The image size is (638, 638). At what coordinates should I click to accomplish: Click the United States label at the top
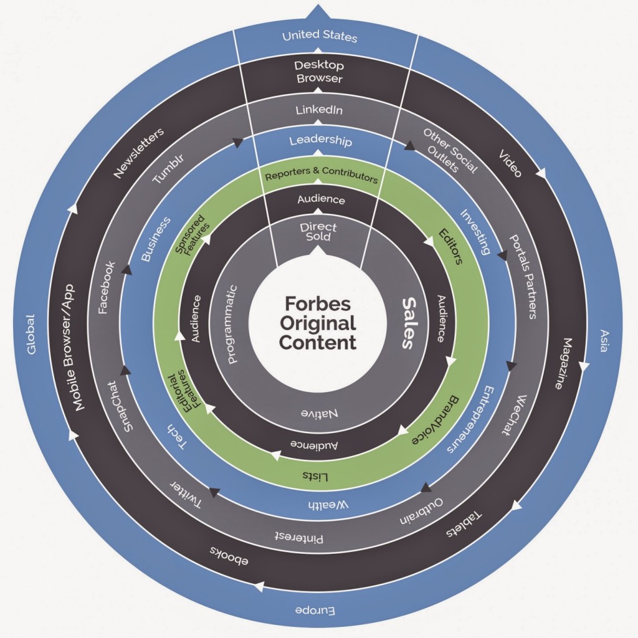click(320, 36)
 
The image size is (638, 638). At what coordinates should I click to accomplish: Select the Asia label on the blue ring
click(602, 340)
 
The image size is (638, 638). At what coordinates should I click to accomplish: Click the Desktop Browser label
click(320, 72)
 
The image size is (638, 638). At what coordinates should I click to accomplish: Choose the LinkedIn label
click(320, 111)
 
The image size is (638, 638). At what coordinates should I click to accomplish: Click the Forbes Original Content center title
click(318, 323)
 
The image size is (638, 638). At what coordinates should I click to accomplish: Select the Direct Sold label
click(318, 232)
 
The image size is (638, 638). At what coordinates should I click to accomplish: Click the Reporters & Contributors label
click(321, 177)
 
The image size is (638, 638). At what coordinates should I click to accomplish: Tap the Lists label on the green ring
click(316, 475)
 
